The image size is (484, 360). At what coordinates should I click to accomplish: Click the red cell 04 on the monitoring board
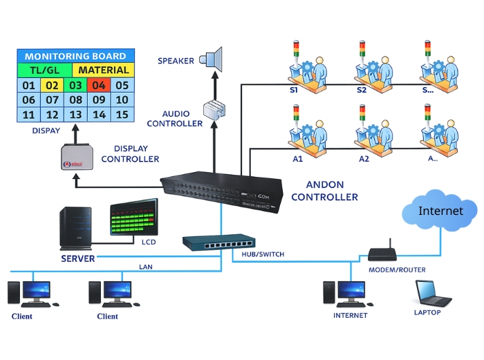(99, 86)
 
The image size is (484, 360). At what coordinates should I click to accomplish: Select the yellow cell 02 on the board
(52, 86)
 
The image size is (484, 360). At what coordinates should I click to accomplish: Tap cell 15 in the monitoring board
(122, 115)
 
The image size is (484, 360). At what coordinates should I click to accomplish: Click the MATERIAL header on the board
(104, 70)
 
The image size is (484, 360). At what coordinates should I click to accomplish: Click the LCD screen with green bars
(134, 221)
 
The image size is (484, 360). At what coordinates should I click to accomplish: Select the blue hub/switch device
(218, 243)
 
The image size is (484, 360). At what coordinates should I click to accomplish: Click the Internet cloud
(440, 210)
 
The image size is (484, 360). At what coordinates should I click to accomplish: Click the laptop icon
(432, 293)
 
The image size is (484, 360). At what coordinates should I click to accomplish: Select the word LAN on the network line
(146, 266)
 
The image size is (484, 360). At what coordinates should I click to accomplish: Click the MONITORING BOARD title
(75, 56)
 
